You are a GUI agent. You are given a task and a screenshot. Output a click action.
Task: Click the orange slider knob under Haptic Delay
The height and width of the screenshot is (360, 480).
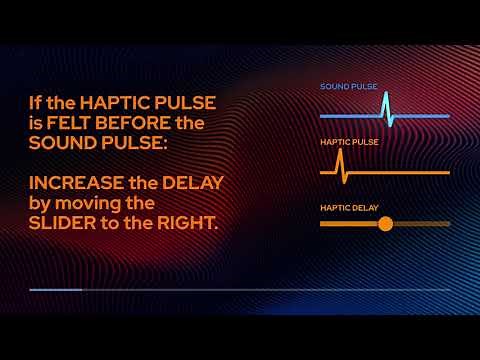click(385, 224)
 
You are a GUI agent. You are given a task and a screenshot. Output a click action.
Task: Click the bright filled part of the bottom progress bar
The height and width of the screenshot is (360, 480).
click(55, 290)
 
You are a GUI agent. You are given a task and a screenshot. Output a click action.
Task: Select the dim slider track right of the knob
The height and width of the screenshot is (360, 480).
click(420, 224)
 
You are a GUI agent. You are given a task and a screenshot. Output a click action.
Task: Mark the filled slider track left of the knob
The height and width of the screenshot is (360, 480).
click(350, 224)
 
